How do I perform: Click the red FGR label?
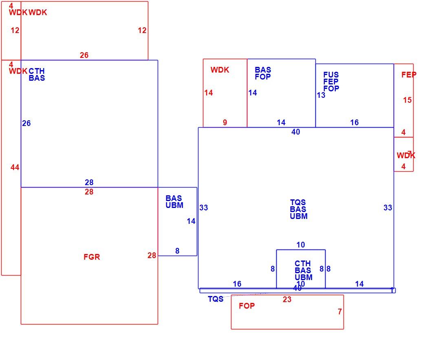pyautogui.click(x=92, y=257)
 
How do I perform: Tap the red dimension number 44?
pyautogui.click(x=15, y=168)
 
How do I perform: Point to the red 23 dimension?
pyautogui.click(x=287, y=300)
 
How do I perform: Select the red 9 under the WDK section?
pyautogui.click(x=225, y=123)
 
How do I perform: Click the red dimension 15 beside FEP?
pyautogui.click(x=407, y=100)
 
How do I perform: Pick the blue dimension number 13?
pyautogui.click(x=321, y=95)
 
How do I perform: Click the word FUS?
pyautogui.click(x=331, y=75)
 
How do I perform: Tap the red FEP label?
pyautogui.click(x=409, y=75)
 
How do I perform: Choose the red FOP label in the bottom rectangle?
pyautogui.click(x=247, y=306)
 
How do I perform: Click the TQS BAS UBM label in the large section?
pyautogui.click(x=298, y=210)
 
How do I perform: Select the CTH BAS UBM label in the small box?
pyautogui.click(x=303, y=270)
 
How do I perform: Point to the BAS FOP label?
pyautogui.click(x=263, y=73)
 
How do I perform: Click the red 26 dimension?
pyautogui.click(x=84, y=55)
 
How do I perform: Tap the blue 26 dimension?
pyautogui.click(x=26, y=124)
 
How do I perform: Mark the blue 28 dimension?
pyautogui.click(x=89, y=182)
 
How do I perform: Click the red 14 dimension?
pyautogui.click(x=208, y=93)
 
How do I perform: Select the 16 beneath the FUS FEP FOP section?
pyautogui.click(x=355, y=123)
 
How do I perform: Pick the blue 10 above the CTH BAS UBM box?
pyautogui.click(x=301, y=245)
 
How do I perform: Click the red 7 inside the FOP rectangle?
pyautogui.click(x=339, y=312)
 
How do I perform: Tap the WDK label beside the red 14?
pyautogui.click(x=220, y=70)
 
